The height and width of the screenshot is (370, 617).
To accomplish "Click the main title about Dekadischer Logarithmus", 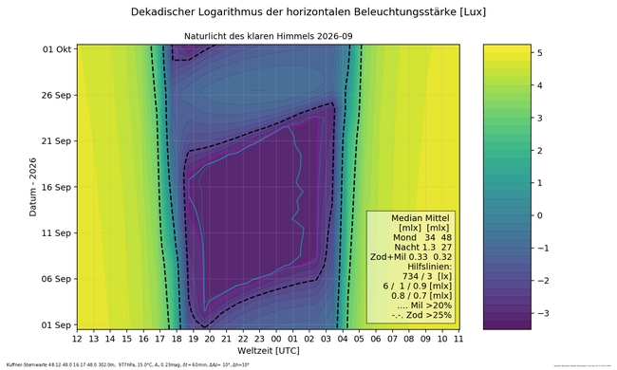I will tap(308, 12).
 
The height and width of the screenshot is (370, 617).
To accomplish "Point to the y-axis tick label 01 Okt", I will tap(56, 48).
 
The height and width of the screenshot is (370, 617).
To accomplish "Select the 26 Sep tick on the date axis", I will tap(56, 95).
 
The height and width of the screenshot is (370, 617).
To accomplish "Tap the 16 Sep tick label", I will tap(56, 187).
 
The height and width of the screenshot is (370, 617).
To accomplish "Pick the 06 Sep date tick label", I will tap(56, 279).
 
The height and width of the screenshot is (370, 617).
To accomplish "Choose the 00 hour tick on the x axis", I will tap(276, 338).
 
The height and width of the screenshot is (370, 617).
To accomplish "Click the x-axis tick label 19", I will tap(193, 338).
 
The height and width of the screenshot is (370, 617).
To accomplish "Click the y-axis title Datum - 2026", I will tap(33, 187).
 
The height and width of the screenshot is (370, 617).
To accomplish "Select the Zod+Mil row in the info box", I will tap(411, 256).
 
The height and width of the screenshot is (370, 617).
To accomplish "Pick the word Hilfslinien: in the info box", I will tap(411, 267).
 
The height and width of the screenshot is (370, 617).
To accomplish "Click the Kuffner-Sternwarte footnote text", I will tap(127, 364).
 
